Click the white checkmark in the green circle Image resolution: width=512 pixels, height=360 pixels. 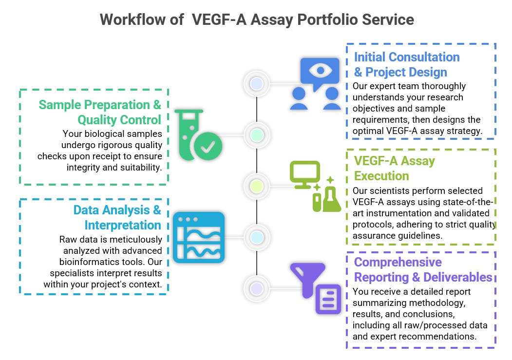pos(208,147)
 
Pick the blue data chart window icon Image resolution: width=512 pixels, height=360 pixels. pos(199,238)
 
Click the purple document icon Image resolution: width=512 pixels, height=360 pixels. pos(328,298)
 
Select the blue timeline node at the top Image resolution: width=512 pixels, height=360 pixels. pos(256,84)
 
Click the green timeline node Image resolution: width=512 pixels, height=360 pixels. pos(256,134)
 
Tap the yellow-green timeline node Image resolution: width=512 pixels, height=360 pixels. pos(256,186)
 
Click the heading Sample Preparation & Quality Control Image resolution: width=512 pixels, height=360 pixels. pos(100,112)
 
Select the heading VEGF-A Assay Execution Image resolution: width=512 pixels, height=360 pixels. pos(394,168)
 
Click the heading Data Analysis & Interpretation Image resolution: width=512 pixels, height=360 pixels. pos(117,218)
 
